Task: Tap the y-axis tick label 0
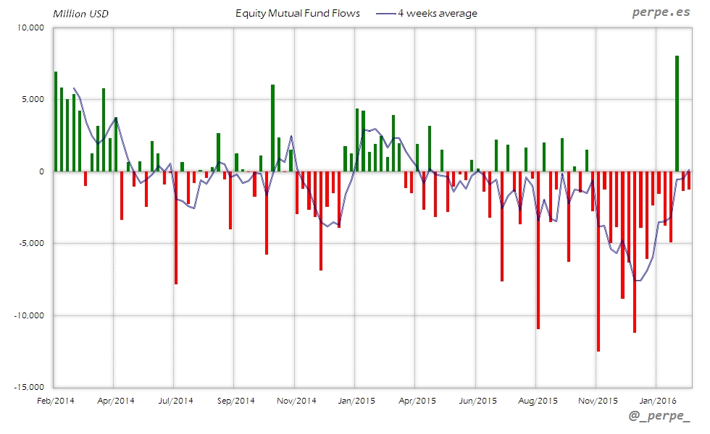click(x=43, y=171)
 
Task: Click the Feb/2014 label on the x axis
click(x=54, y=399)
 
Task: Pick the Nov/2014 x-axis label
click(x=297, y=399)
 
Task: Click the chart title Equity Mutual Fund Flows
click(x=298, y=13)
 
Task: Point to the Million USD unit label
click(x=80, y=13)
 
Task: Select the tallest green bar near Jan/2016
click(x=677, y=114)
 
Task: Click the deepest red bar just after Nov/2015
click(x=598, y=261)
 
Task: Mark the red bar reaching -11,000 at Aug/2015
click(x=538, y=250)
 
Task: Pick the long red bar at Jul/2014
click(x=176, y=227)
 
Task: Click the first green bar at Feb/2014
click(x=56, y=122)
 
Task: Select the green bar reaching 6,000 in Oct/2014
click(x=272, y=128)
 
